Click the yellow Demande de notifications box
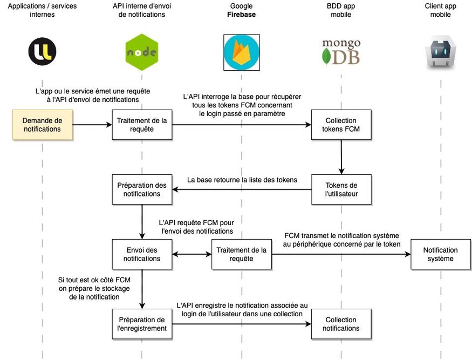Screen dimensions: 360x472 point(42,125)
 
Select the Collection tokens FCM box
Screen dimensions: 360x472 point(341,125)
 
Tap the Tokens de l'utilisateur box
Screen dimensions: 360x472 point(341,189)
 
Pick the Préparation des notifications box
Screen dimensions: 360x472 point(142,189)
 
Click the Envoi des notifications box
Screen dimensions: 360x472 point(142,254)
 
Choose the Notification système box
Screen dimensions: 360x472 point(440,254)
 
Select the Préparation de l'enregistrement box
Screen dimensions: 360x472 point(142,324)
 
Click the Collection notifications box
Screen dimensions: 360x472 point(341,324)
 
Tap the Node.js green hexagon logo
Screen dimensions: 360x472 point(141,52)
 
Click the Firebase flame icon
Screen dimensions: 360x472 point(242,52)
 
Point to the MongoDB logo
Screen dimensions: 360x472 point(341,52)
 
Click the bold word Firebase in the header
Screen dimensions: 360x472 point(241,15)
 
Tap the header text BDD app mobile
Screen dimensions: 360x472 point(341,10)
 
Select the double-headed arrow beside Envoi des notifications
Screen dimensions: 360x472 point(192,254)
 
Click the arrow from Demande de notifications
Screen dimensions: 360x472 point(92,125)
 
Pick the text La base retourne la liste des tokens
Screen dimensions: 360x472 point(242,180)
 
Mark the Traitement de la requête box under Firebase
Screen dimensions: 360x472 point(241,254)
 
